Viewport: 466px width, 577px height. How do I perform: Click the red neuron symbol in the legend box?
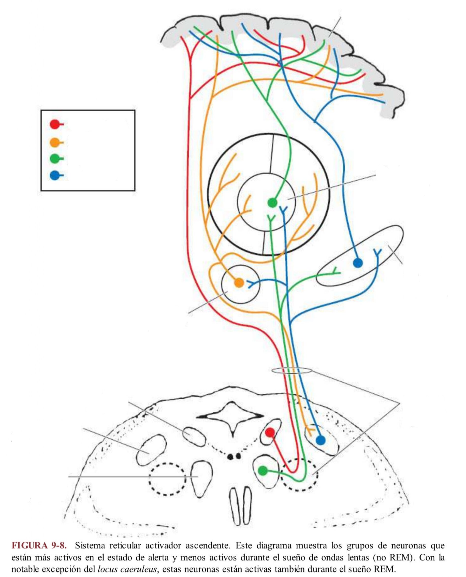(57, 124)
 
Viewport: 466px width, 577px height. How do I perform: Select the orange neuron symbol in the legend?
(57, 142)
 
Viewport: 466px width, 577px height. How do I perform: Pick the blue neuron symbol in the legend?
(57, 175)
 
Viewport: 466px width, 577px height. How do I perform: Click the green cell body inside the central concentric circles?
(272, 203)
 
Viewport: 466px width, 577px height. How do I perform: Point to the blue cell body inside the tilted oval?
(358, 263)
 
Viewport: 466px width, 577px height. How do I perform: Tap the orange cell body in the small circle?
(239, 283)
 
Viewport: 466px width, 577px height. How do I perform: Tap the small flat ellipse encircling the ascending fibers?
(292, 371)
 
